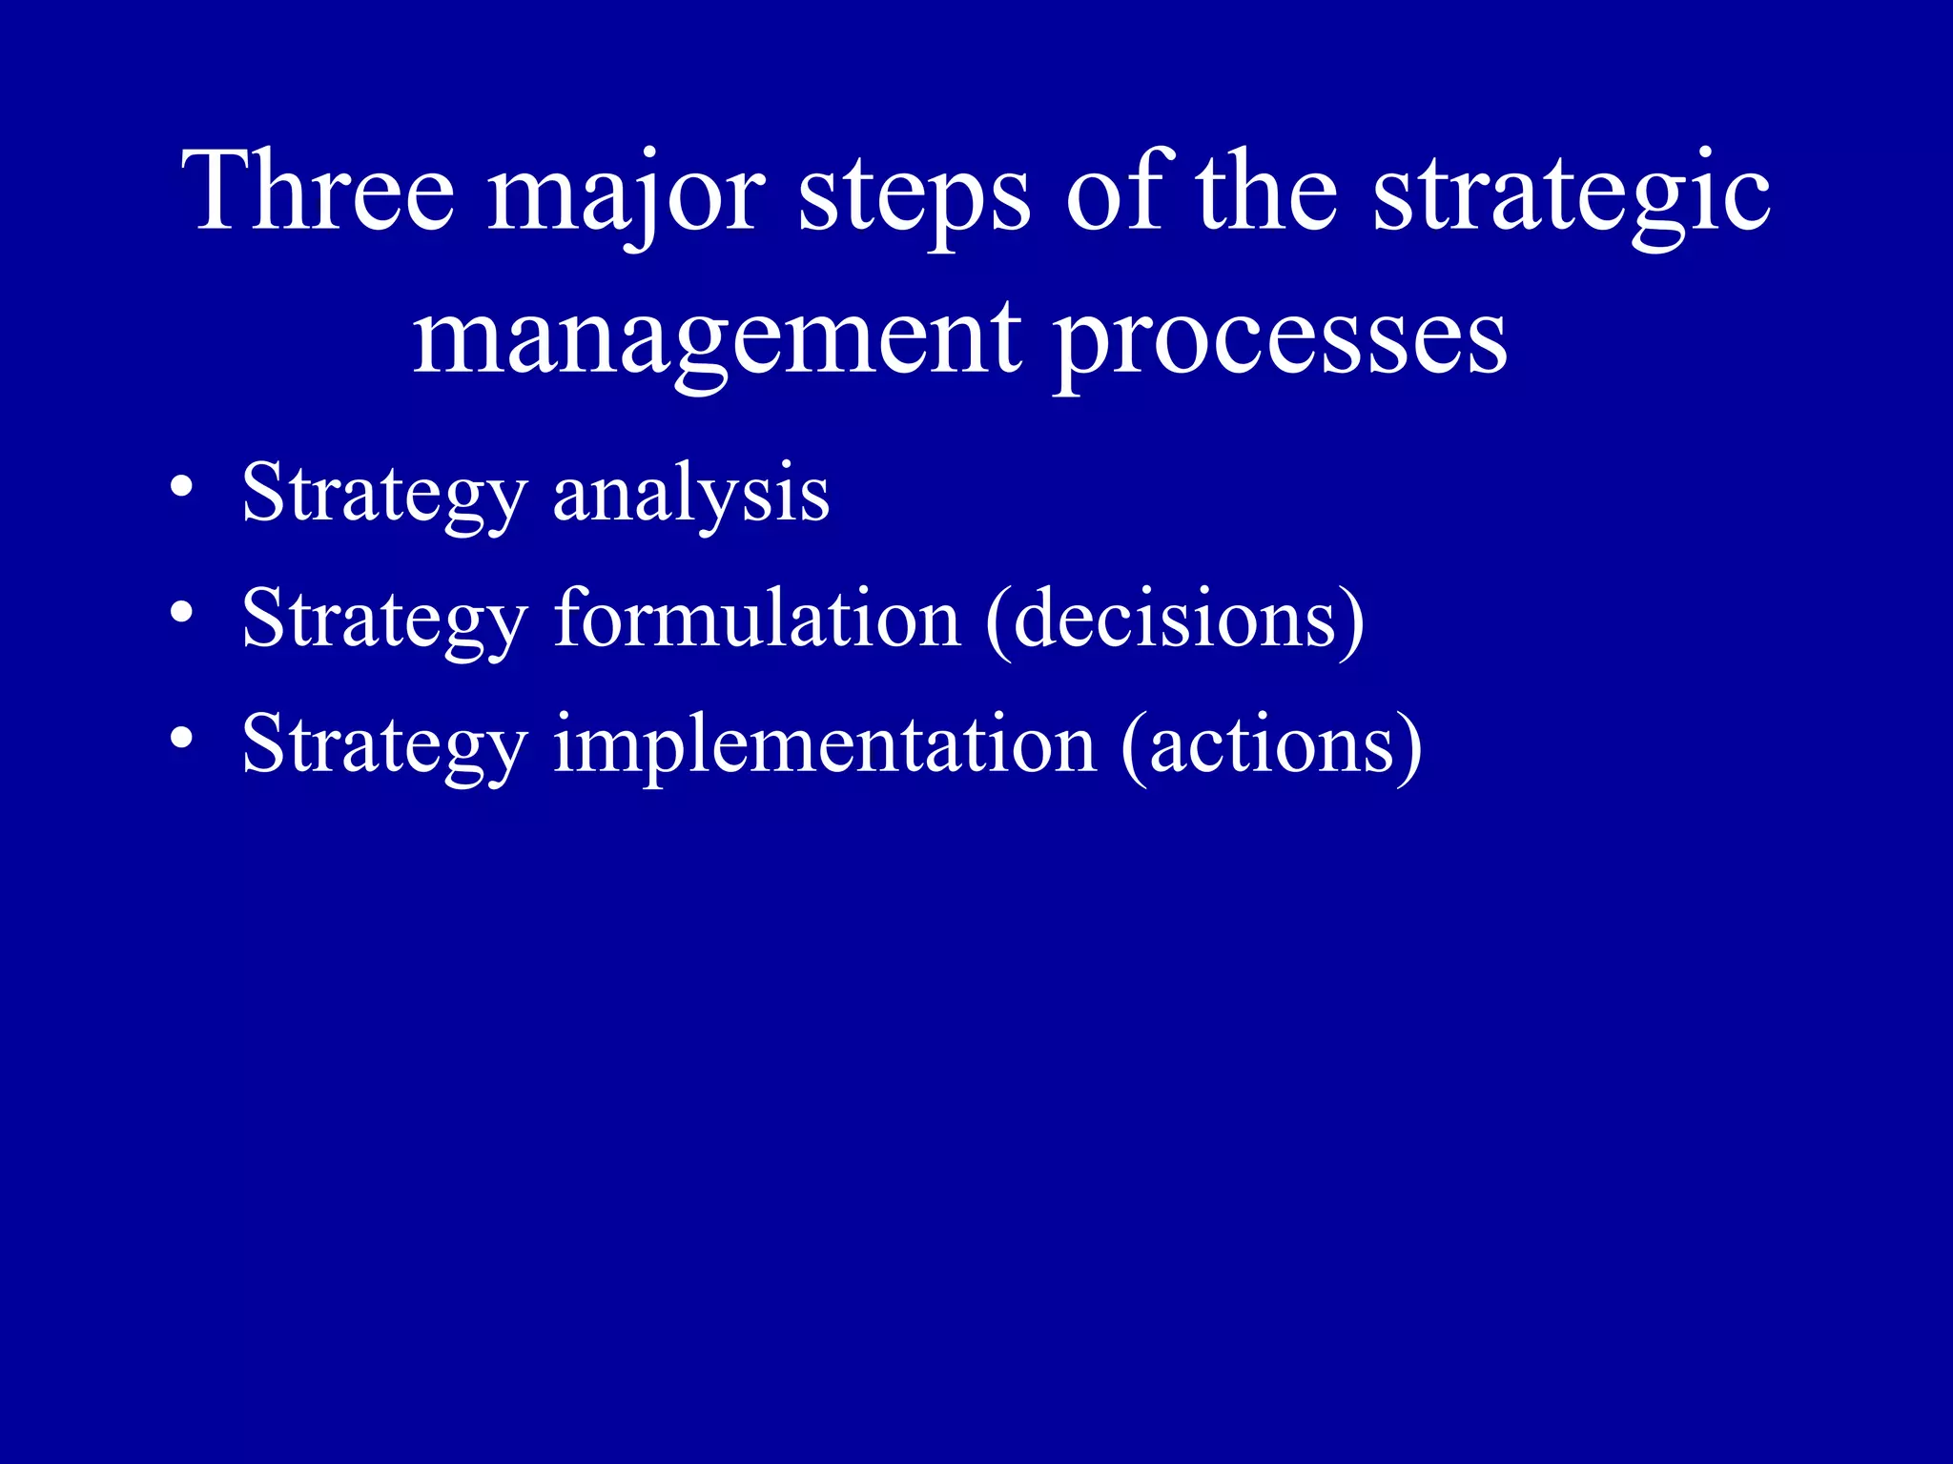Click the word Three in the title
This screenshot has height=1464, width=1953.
319,191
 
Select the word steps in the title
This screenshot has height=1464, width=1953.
914,195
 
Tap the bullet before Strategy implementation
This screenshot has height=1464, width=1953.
182,740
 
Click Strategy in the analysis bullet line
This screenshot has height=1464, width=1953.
384,496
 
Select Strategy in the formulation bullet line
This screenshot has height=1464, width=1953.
384,620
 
